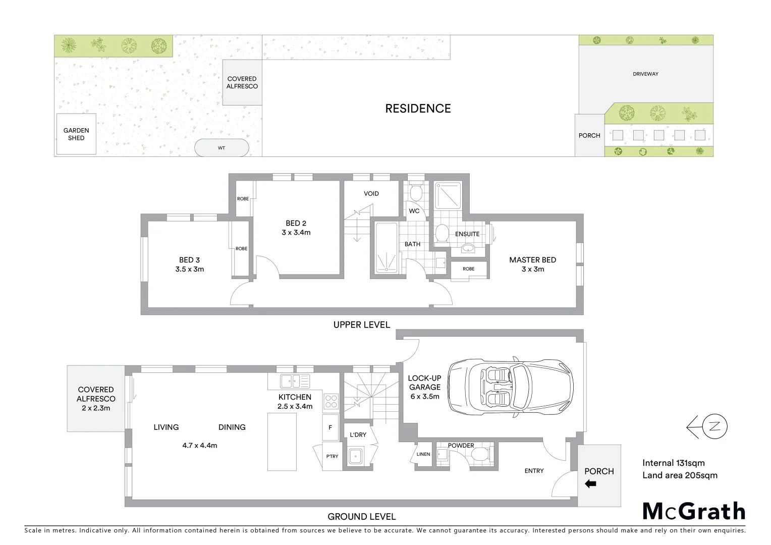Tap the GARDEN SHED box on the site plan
(x=76, y=134)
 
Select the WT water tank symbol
(x=222, y=148)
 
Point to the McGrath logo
(x=694, y=511)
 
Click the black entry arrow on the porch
(x=590, y=484)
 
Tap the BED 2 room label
(x=296, y=224)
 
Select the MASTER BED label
(x=532, y=260)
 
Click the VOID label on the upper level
(x=371, y=194)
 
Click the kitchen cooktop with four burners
(x=331, y=401)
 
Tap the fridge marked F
(x=331, y=427)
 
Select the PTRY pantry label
(x=332, y=457)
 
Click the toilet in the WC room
(x=416, y=193)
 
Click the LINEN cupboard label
(x=423, y=454)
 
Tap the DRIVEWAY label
(x=645, y=74)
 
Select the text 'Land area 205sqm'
(x=680, y=475)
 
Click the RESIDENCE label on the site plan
(x=418, y=108)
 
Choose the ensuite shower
(x=448, y=195)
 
